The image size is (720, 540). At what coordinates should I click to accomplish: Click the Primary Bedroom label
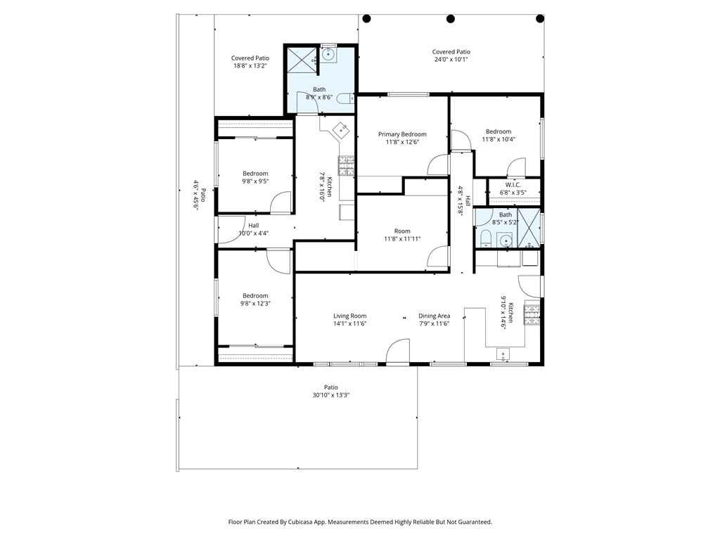point(402,134)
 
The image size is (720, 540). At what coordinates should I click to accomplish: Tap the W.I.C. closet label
point(513,185)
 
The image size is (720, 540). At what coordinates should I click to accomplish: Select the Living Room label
point(349,316)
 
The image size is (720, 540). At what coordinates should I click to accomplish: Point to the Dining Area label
point(434,316)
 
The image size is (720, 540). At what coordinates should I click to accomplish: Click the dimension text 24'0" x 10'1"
point(451,60)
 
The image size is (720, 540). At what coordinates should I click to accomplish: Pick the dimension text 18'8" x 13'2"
point(250,66)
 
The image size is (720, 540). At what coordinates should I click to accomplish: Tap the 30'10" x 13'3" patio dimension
point(330,395)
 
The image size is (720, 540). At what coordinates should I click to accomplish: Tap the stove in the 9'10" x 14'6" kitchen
point(532,314)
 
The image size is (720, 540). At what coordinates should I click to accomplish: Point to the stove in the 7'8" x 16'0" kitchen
point(347,165)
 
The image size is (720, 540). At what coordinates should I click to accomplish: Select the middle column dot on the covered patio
point(451,19)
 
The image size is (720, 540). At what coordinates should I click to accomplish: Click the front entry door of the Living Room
point(398,353)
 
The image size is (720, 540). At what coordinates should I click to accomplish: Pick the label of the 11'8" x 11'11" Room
point(402,231)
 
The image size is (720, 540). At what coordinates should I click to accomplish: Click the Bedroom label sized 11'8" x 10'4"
point(499,131)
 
